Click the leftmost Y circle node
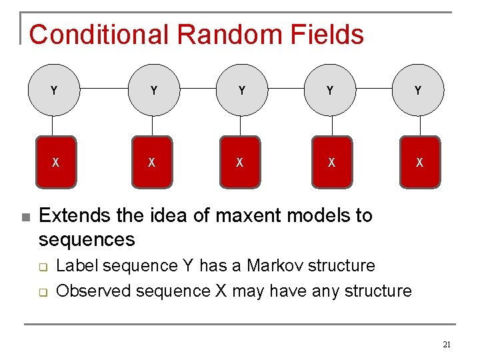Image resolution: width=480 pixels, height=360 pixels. (x=53, y=90)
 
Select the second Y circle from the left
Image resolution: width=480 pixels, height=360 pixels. (x=154, y=90)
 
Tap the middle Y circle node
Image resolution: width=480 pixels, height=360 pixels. (x=241, y=90)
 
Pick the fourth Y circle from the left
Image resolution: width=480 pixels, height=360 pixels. (x=330, y=90)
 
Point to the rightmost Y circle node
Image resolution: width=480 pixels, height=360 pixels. (x=418, y=90)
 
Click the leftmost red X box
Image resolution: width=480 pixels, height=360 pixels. (x=55, y=162)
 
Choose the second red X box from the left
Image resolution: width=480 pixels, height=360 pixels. (x=152, y=162)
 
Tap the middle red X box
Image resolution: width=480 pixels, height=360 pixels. (x=240, y=162)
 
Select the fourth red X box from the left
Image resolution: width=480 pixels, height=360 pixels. (x=331, y=162)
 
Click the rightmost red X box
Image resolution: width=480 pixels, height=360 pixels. (x=419, y=162)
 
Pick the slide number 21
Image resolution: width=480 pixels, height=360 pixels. (x=447, y=345)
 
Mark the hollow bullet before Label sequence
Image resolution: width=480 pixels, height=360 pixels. (x=43, y=267)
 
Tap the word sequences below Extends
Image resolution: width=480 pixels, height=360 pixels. (x=87, y=239)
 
